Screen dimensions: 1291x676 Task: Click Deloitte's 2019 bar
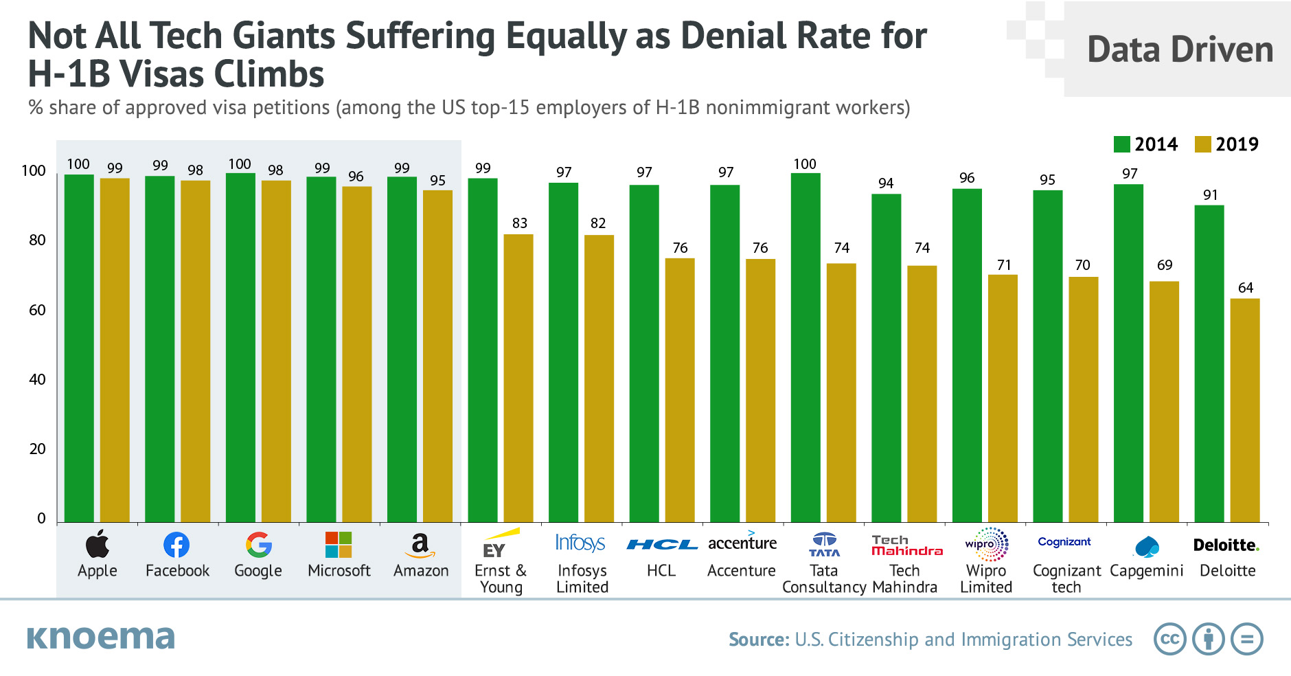[x=1245, y=410]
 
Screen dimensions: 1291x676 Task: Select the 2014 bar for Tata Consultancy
[x=806, y=348]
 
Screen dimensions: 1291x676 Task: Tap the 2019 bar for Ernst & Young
[x=518, y=379]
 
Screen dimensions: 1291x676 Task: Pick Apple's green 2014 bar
[x=79, y=348]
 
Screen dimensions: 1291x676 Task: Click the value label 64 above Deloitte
[x=1246, y=288]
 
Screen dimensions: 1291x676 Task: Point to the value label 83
[x=520, y=223]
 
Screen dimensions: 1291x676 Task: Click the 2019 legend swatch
[x=1202, y=144]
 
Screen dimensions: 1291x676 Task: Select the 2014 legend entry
[x=1145, y=144]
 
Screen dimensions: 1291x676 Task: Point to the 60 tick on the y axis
[x=37, y=311]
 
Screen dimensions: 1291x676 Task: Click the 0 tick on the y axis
[x=41, y=519]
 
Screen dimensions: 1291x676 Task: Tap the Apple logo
[x=98, y=543]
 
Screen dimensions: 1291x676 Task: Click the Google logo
[x=259, y=545]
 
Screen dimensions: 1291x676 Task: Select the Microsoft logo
[x=339, y=545]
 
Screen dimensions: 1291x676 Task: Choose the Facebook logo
[x=176, y=545]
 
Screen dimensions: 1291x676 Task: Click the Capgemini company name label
[x=1147, y=571]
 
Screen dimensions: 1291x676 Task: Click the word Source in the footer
[x=759, y=640]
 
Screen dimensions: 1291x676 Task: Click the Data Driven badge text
[x=1180, y=49]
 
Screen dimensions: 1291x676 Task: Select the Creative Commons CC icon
[x=1170, y=639]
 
